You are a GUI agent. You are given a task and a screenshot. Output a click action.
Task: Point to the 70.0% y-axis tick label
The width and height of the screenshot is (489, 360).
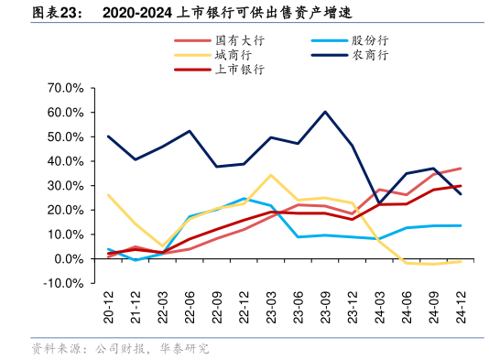pyautogui.click(x=65, y=88)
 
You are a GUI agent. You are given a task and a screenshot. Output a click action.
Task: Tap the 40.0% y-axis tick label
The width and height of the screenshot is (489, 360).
pyautogui.click(x=65, y=161)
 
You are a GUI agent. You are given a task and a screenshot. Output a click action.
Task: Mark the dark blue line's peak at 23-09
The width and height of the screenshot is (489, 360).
pyautogui.click(x=325, y=112)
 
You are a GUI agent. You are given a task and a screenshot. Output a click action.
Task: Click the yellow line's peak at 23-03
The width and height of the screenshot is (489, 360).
pyautogui.click(x=271, y=175)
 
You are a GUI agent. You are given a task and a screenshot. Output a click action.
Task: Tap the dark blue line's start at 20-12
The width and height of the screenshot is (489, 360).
pyautogui.click(x=108, y=136)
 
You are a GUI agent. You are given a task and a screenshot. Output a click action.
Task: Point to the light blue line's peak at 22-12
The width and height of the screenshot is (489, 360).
pyautogui.click(x=244, y=198)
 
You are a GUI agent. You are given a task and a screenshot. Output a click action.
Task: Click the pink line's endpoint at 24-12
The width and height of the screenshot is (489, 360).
pyautogui.click(x=460, y=169)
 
